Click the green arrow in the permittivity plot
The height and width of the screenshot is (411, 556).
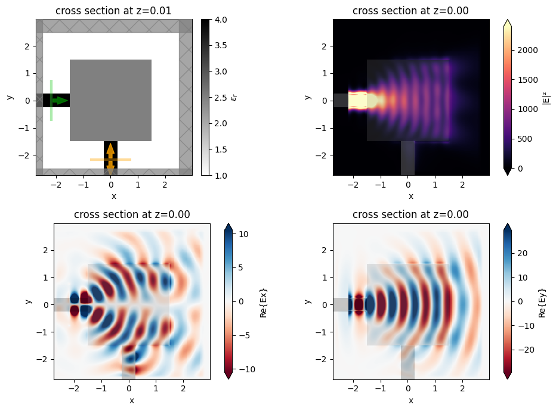point(60,101)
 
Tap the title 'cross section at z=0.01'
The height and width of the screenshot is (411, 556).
point(113,10)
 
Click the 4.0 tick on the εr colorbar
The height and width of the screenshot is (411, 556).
point(220,20)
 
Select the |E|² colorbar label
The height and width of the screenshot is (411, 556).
point(546,97)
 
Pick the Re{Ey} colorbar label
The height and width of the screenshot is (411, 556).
point(543,302)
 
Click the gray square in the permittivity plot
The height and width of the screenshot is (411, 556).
point(110,100)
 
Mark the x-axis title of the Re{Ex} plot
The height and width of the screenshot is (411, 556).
point(132,400)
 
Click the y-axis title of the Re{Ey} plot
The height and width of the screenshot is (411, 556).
point(307,302)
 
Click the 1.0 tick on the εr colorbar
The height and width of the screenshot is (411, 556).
point(220,175)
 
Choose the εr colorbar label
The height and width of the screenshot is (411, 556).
point(234,97)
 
